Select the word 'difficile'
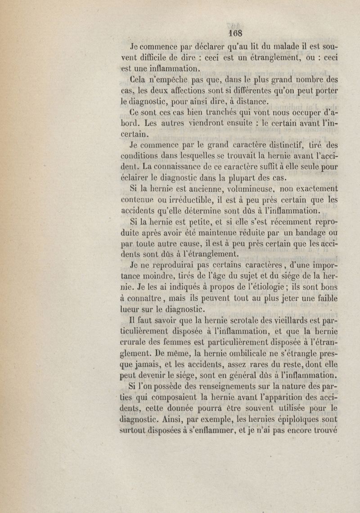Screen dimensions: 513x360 pos(159,58)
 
